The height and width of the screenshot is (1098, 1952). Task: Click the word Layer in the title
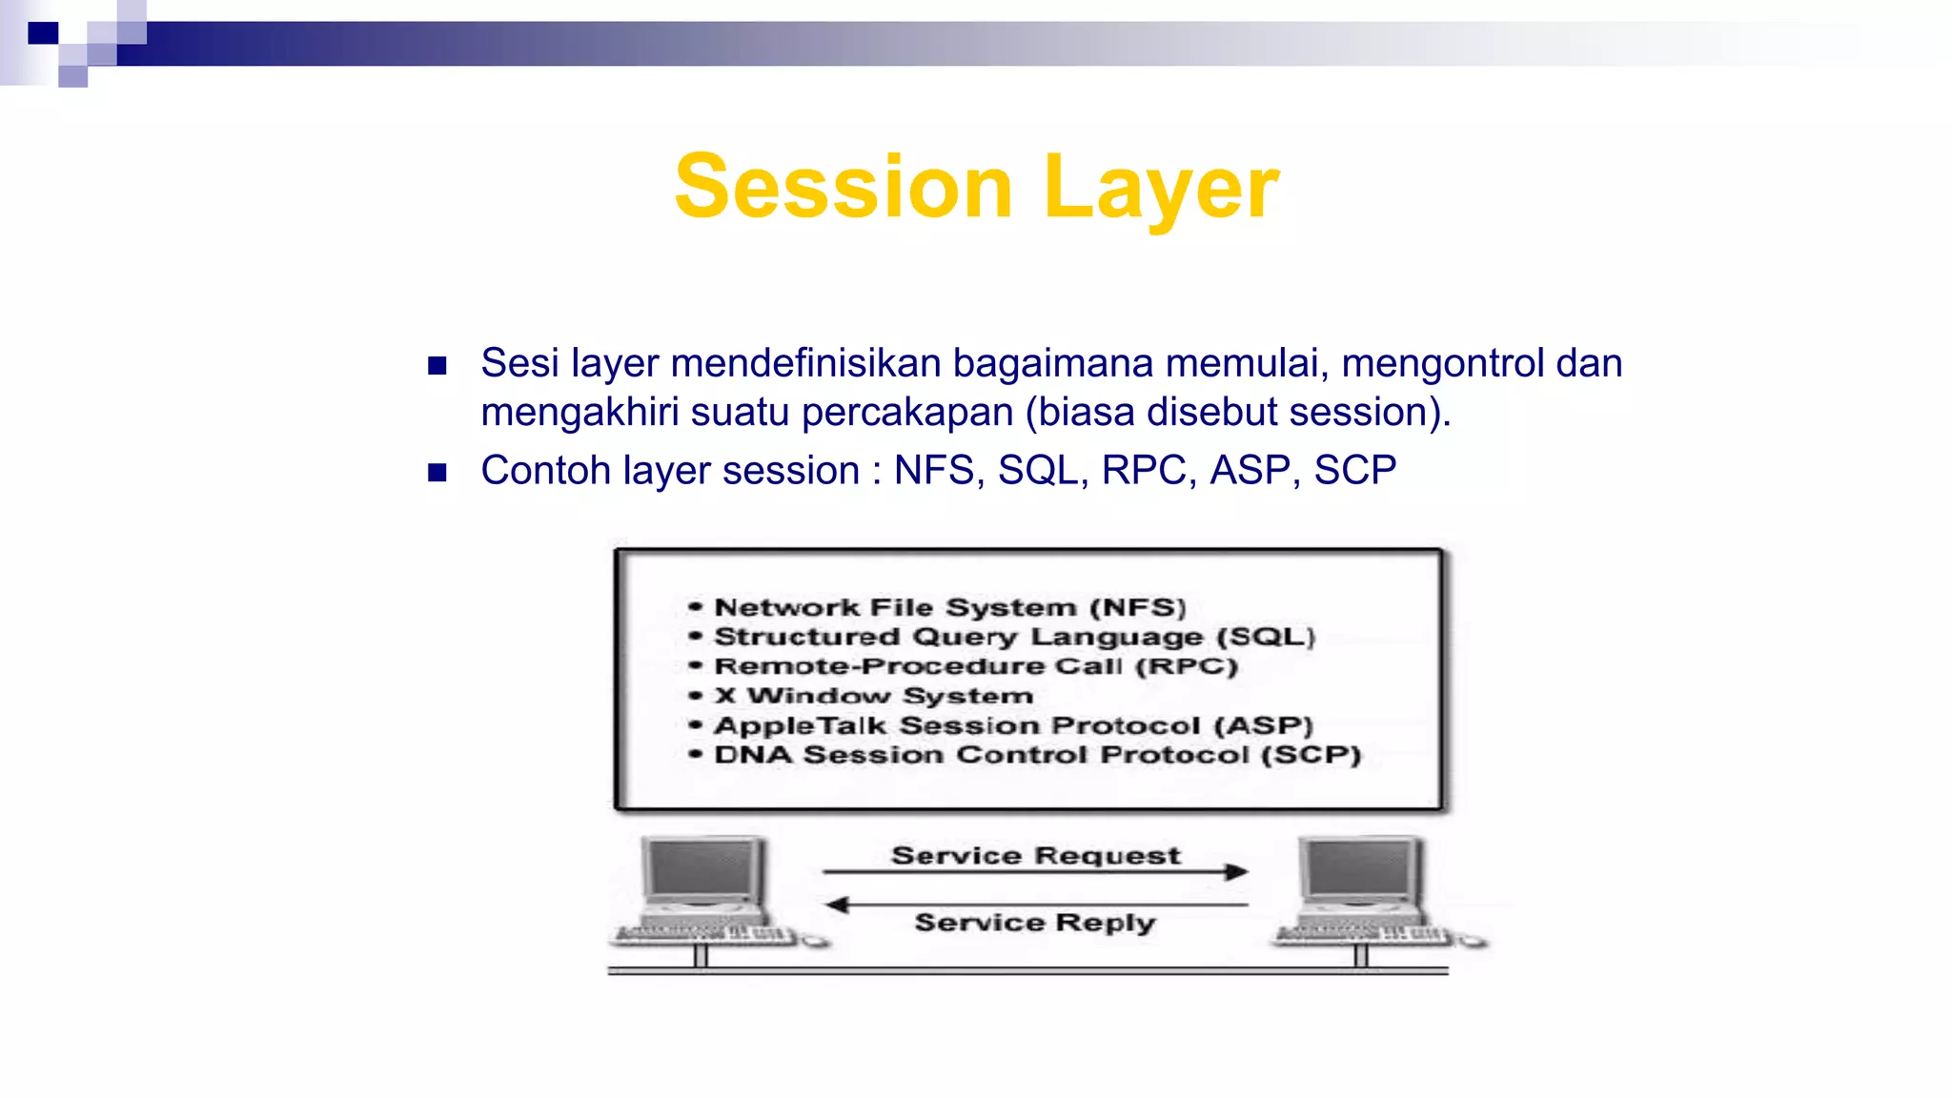[1160, 189]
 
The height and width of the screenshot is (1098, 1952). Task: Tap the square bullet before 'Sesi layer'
[437, 366]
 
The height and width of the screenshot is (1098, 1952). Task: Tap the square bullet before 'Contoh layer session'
[437, 473]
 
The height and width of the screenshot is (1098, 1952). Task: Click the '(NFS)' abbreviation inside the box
[1138, 607]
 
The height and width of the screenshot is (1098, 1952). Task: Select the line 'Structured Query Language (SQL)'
[1014, 637]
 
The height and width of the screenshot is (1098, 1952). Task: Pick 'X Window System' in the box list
[873, 696]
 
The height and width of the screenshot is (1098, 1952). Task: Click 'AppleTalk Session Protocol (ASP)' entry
[1013, 725]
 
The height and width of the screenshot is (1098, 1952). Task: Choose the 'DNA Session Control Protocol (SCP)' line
[1037, 755]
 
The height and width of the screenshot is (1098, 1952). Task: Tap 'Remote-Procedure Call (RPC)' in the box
[975, 666]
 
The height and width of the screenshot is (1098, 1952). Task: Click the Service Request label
[1035, 856]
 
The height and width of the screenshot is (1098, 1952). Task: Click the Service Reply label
[1035, 923]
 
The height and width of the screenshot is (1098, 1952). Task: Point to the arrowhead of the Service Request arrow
[1236, 871]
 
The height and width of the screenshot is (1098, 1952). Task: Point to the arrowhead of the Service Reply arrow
[837, 905]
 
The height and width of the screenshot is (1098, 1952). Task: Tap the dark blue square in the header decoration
[43, 33]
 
